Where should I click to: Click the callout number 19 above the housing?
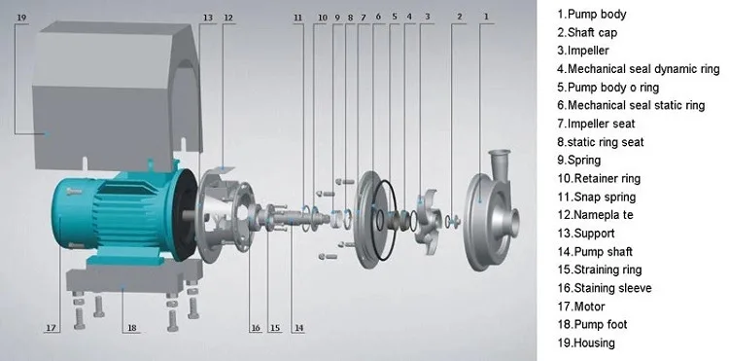[21, 18]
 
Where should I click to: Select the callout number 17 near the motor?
[51, 328]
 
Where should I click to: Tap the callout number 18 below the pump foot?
[132, 328]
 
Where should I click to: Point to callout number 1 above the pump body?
[486, 17]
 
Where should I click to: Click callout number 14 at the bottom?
[298, 328]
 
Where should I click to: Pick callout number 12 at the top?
[227, 18]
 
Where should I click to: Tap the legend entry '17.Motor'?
[581, 307]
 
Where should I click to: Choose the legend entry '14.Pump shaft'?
[595, 252]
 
